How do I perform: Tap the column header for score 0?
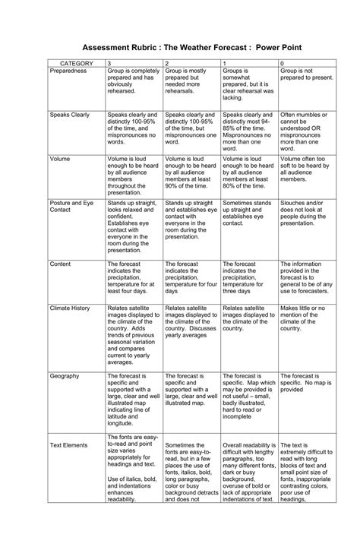pos(283,62)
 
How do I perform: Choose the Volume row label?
pos(60,159)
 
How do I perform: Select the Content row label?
pos(61,264)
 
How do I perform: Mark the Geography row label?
pos(64,376)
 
